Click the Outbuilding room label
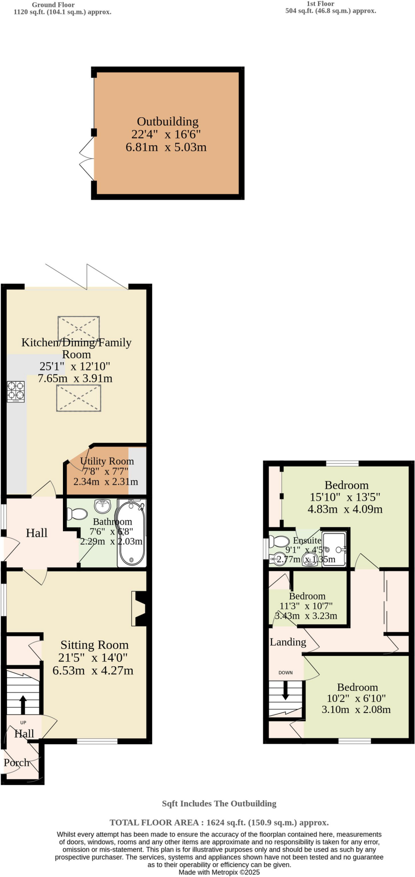(167, 122)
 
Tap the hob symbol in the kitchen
(16, 391)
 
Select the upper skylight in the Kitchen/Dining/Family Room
(79, 329)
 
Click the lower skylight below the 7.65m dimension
(79, 398)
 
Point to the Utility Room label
(107, 461)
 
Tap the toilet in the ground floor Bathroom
(77, 513)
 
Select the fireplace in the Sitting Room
(140, 609)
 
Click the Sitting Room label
(94, 645)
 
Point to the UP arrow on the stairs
(23, 704)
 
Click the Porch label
(16, 763)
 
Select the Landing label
(288, 642)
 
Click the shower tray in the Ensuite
(334, 549)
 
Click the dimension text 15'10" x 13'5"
(345, 497)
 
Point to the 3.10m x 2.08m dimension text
(356, 710)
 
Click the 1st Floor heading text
(320, 4)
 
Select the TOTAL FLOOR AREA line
(219, 822)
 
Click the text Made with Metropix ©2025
(219, 872)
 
